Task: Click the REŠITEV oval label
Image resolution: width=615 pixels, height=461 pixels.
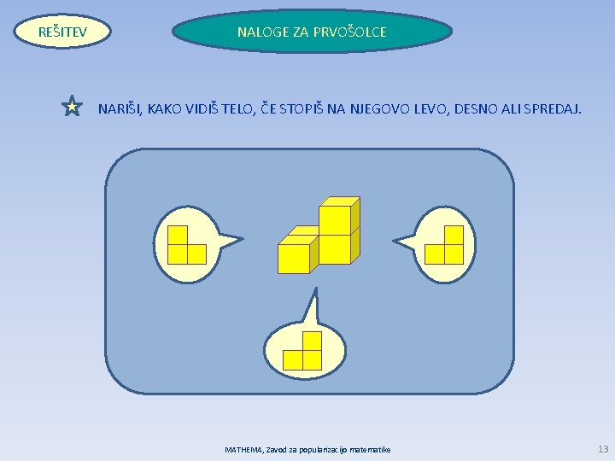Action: coord(63,32)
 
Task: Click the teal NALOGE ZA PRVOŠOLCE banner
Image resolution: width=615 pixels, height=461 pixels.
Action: coord(312,32)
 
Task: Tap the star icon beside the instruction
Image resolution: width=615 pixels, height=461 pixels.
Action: coord(73,107)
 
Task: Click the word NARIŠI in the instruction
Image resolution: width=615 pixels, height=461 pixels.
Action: coord(120,108)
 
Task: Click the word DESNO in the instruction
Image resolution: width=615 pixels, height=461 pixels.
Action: coord(478,108)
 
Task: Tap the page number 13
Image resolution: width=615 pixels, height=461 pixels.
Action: coord(604,448)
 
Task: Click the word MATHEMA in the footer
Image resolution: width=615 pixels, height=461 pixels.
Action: coord(244,449)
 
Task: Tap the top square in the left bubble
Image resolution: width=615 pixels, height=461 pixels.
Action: coord(178,235)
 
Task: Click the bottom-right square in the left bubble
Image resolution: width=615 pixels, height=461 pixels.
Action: coord(196,254)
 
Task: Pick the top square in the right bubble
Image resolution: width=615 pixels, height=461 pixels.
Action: coord(454,235)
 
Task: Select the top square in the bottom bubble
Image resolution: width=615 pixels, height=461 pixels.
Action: coord(312,341)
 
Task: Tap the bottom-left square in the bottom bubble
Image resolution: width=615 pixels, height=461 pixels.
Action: coord(293,359)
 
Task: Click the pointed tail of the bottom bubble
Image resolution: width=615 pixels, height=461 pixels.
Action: coord(314,303)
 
